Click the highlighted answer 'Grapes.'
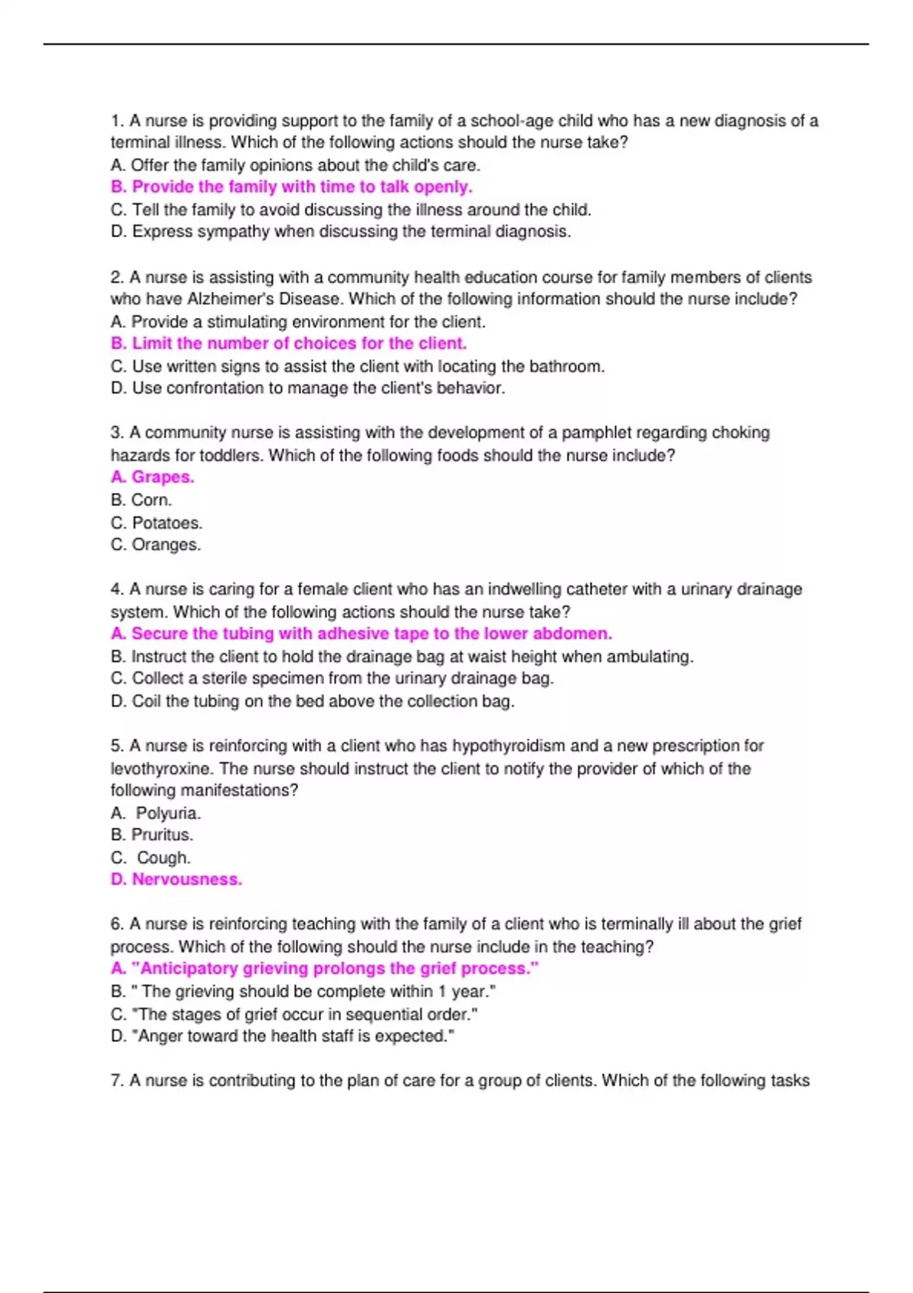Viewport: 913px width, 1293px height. (162, 477)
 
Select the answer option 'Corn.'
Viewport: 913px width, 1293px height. (151, 500)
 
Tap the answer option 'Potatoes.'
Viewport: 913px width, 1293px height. (167, 523)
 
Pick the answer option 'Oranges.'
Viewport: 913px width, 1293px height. (166, 545)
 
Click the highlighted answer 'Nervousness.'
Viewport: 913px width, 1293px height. (186, 879)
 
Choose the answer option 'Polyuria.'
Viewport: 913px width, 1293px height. (168, 813)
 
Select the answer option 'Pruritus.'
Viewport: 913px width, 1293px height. (162, 834)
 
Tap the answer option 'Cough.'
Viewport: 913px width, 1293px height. (164, 857)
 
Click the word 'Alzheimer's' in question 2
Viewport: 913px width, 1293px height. (224, 299)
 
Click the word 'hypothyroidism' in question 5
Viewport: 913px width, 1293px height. (508, 745)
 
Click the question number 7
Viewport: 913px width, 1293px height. (116, 1080)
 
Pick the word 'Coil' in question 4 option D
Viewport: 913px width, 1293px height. (146, 701)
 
